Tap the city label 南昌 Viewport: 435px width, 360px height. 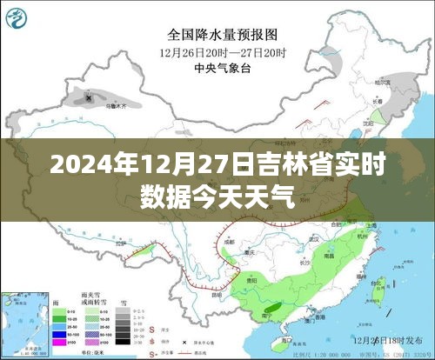pyautogui.click(x=329, y=257)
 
